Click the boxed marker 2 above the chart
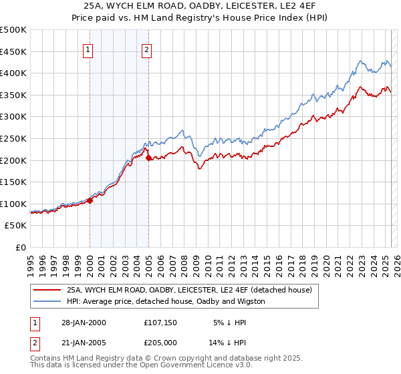pos(146,48)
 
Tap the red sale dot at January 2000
pos(90,200)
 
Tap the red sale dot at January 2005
pos(148,158)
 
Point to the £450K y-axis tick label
pos(13,51)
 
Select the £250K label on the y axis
pos(13,138)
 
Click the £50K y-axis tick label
pos(16,226)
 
